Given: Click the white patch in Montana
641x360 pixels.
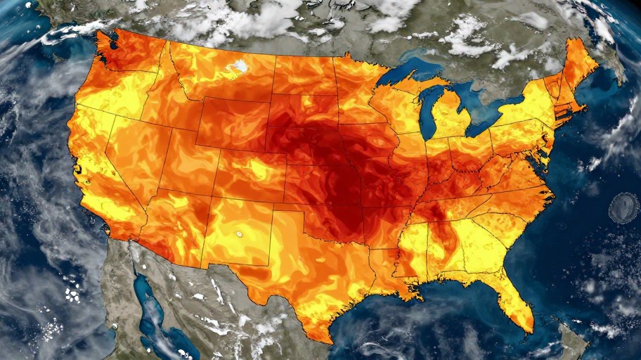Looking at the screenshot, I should pyautogui.click(x=240, y=67).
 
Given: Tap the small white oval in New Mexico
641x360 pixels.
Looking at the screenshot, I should pyautogui.click(x=240, y=233).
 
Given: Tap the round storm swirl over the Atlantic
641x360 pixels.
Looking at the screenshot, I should pyautogui.click(x=623, y=207).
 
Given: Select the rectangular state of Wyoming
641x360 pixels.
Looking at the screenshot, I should pyautogui.click(x=233, y=122).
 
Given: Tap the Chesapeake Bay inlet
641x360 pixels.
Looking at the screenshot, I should pyautogui.click(x=537, y=158).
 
